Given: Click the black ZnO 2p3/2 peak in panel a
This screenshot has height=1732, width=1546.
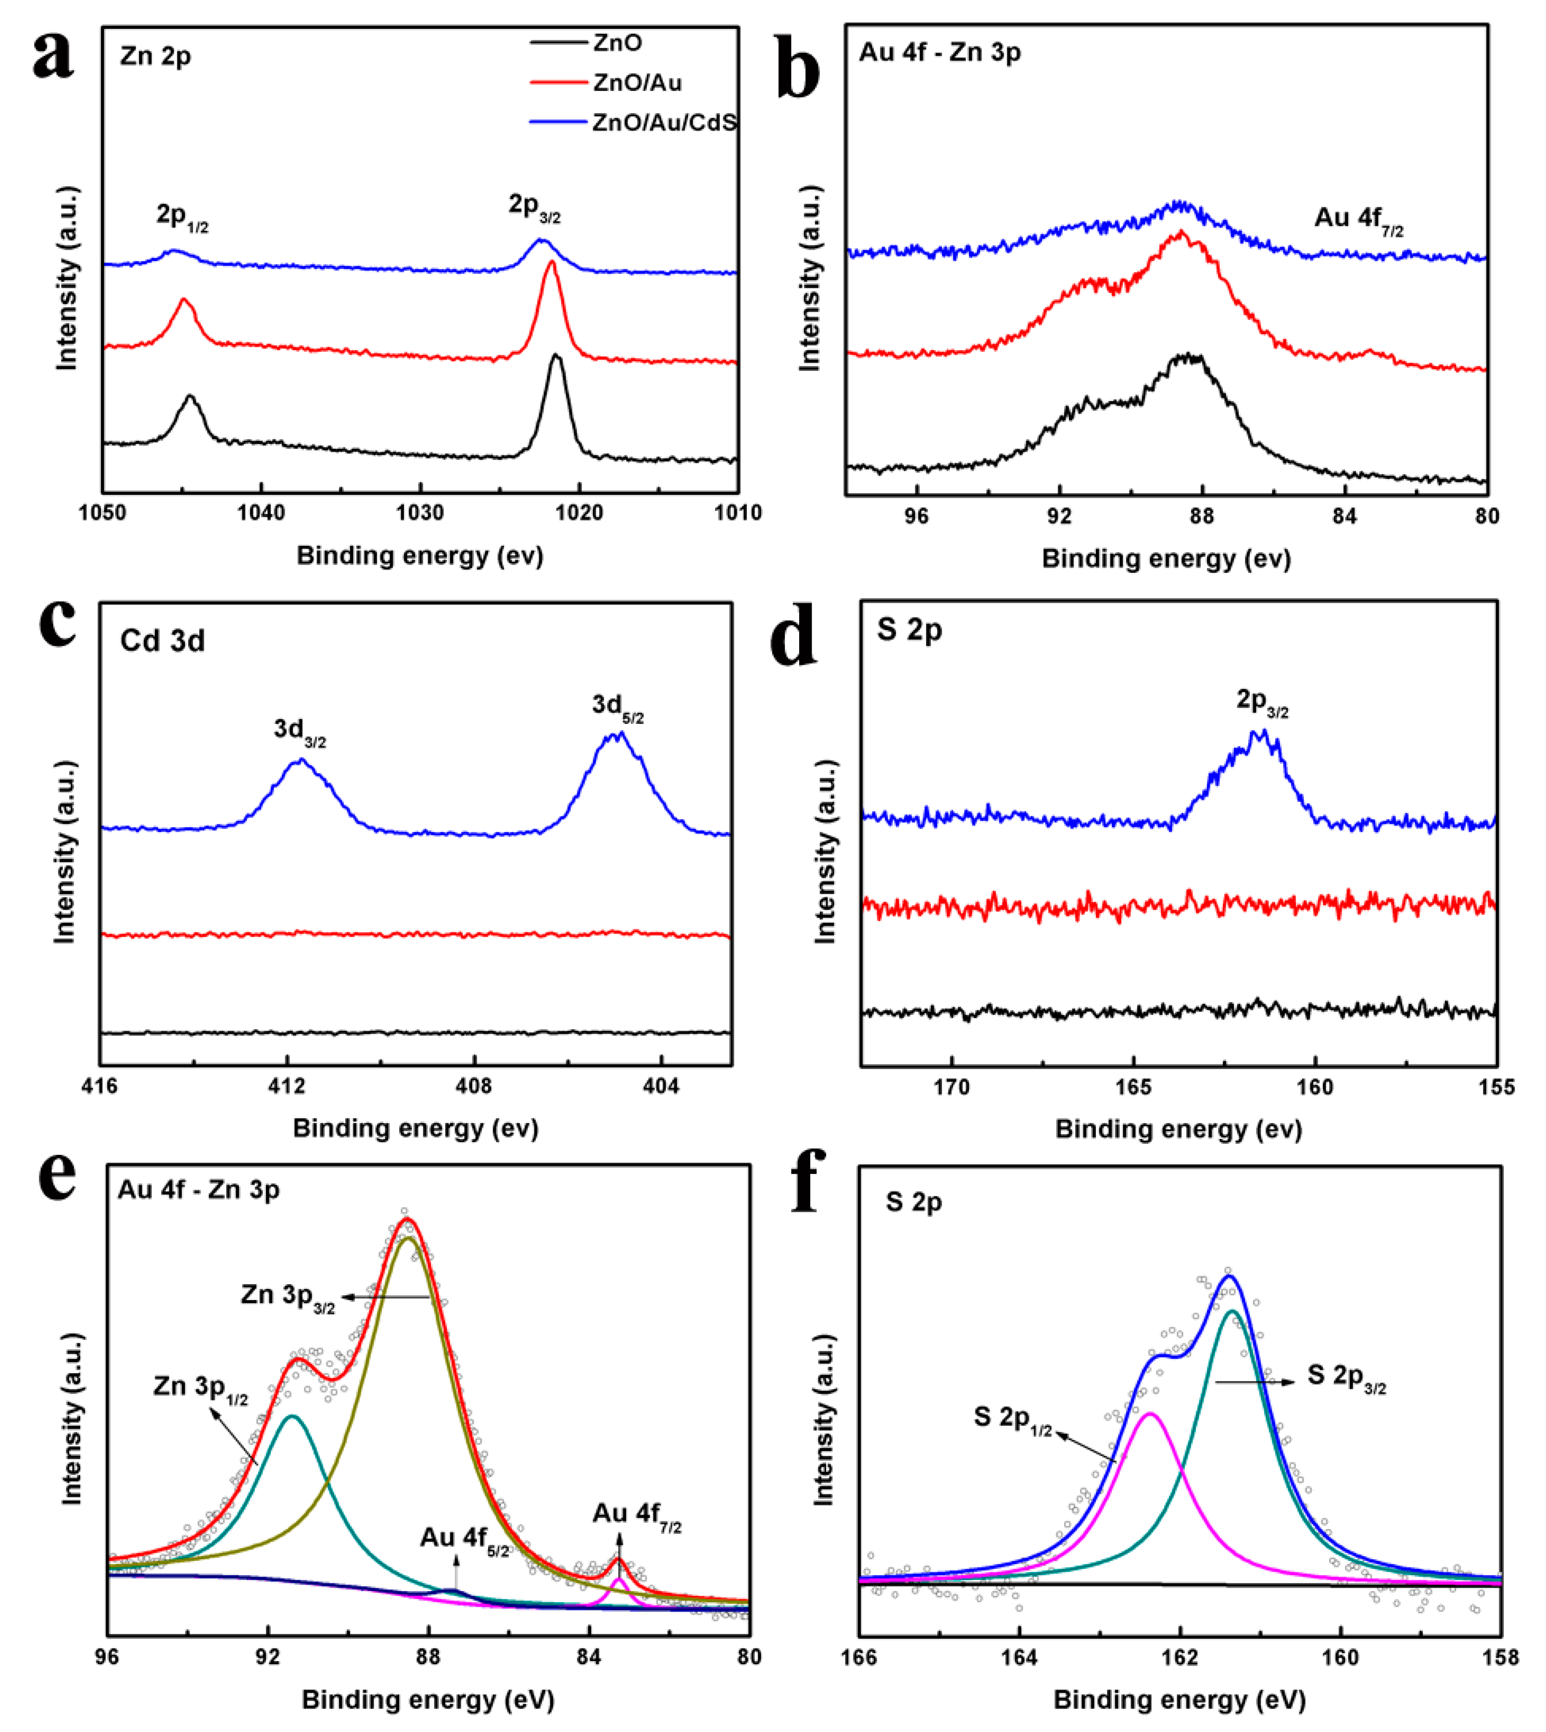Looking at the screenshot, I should tap(556, 357).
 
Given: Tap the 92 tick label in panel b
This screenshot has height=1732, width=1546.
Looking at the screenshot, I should tap(1058, 517).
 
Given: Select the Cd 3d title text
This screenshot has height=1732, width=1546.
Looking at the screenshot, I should tap(162, 641).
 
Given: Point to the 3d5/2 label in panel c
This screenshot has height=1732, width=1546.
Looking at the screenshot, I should tap(617, 706).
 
